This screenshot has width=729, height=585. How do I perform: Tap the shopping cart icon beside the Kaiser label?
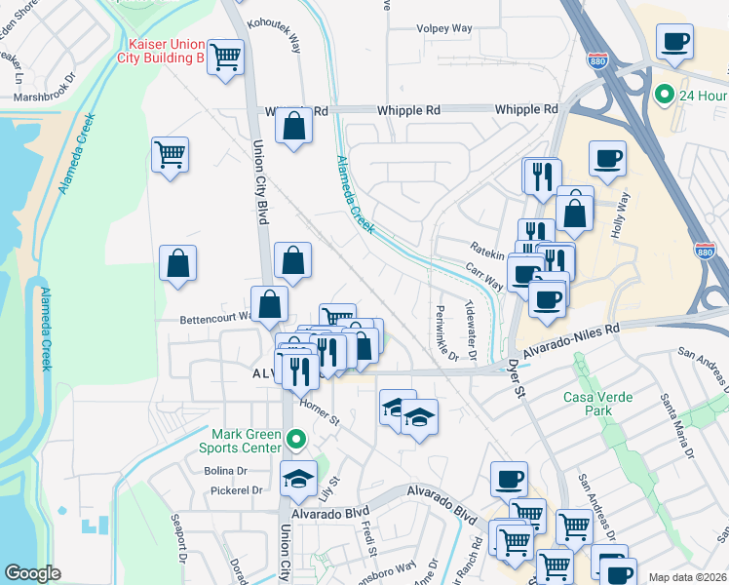point(225,58)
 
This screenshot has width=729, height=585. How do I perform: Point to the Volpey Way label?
point(443,28)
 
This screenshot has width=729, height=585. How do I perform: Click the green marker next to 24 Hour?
point(665,95)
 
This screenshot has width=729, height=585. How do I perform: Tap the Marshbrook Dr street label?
point(43,97)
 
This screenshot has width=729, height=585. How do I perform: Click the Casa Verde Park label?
point(598,404)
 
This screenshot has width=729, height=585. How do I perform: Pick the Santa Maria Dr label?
point(675,427)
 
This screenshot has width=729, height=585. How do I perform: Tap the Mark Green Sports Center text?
point(248,441)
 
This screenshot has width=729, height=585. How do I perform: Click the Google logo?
point(33,573)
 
